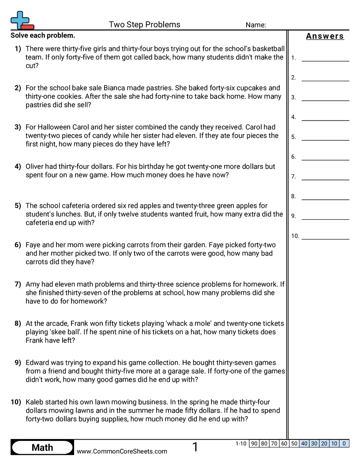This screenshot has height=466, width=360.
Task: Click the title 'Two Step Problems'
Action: click(x=144, y=25)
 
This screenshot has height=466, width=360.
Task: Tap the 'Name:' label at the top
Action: click(x=255, y=25)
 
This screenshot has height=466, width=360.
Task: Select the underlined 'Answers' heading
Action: click(x=325, y=36)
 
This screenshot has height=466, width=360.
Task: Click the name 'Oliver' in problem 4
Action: click(x=35, y=166)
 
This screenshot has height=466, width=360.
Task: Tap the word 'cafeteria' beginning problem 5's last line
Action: click(x=40, y=223)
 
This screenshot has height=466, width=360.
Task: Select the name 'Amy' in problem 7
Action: click(x=33, y=284)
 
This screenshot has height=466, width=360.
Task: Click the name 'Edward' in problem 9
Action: click(x=37, y=363)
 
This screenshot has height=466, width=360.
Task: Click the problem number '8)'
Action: click(x=18, y=323)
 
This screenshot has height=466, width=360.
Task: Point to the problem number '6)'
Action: click(x=18, y=245)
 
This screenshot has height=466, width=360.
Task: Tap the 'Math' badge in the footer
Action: click(x=42, y=447)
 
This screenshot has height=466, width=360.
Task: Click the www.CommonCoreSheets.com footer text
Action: click(x=122, y=451)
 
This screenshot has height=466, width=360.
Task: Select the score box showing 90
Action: click(x=254, y=443)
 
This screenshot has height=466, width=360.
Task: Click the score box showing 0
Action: click(x=344, y=443)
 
